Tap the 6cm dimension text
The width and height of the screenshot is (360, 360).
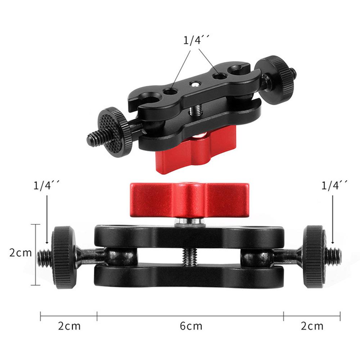[x=191, y=326]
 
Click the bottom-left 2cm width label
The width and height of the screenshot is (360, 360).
[x=69, y=326]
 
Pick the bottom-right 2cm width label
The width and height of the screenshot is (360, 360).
[x=312, y=326]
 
